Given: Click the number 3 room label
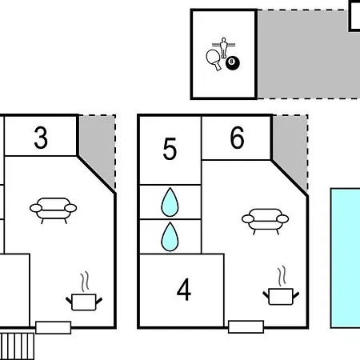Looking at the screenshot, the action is point(41,138).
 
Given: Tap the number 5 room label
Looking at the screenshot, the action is point(170,149).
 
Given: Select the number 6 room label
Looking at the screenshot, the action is point(237,138).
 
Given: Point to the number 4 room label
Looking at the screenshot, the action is point(184,290).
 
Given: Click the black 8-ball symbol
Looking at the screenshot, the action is point(233,63).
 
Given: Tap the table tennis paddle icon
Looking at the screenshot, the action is point(214,59).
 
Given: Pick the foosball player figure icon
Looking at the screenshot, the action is point(223,47).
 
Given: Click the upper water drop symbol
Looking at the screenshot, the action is point(170,202).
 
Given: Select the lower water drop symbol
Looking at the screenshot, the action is point(170,237).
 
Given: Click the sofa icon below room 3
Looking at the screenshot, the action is point(54,210).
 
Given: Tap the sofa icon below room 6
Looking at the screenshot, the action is point(265,222).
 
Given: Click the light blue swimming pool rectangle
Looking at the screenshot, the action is point(346,258).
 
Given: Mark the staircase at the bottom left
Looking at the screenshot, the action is point(17,346).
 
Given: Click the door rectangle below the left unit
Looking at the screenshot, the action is point(54,328).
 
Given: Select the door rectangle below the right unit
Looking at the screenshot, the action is point(246,327).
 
